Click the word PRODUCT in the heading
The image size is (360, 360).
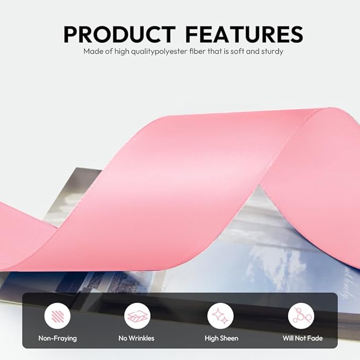[119, 34]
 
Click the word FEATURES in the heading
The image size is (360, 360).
[244, 34]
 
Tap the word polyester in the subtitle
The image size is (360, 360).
[171, 51]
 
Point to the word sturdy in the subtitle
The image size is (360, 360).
[272, 51]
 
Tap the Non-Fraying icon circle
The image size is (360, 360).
[57, 316]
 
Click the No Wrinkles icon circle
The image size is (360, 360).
[137, 316]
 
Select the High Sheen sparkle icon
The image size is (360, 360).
[221, 316]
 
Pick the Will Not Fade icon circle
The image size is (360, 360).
[301, 316]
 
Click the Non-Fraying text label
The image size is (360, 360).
[58, 338]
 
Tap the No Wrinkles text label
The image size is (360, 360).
[136, 338]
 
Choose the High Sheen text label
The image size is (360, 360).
[221, 338]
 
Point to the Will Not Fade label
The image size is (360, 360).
[303, 338]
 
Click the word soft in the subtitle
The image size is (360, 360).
[238, 51]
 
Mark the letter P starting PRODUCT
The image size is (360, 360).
[70, 34]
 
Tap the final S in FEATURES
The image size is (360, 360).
[296, 34]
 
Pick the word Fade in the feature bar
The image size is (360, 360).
[315, 338]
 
